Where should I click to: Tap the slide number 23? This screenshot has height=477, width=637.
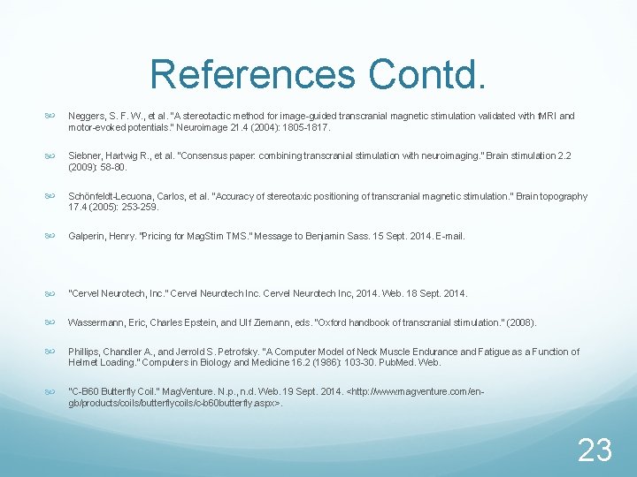[595, 450]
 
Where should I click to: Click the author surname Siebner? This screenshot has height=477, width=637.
[86, 156]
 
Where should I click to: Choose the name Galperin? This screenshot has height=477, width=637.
[87, 237]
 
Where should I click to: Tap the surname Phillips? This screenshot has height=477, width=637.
[85, 352]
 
